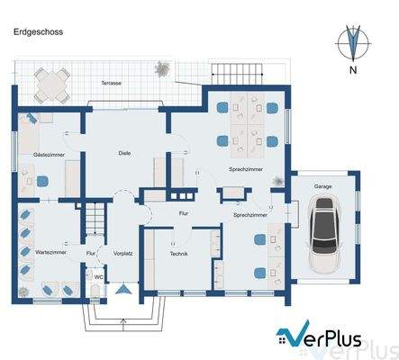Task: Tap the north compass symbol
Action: tap(354, 42)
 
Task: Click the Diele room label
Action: tap(124, 153)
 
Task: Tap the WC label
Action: tap(98, 277)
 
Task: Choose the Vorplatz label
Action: tap(123, 255)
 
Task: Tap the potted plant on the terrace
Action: tap(162, 68)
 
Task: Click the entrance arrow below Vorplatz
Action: tap(122, 288)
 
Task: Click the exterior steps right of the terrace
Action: tap(237, 73)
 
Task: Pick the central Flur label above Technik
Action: tap(183, 214)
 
